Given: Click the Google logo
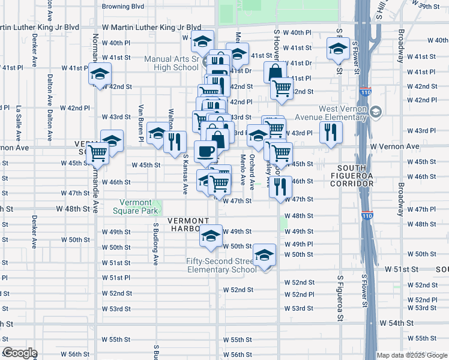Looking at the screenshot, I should tap(19, 353).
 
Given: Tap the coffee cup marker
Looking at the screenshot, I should tap(205, 152).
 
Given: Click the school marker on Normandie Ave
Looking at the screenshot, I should tap(98, 74).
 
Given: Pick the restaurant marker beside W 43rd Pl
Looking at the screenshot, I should tap(330, 133).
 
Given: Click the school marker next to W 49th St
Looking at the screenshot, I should tap(211, 236).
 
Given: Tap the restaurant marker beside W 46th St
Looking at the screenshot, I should tap(280, 187).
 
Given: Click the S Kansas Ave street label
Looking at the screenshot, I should tap(185, 174).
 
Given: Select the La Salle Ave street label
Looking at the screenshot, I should tap(19, 118).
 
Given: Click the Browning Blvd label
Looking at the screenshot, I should tap(124, 7).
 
